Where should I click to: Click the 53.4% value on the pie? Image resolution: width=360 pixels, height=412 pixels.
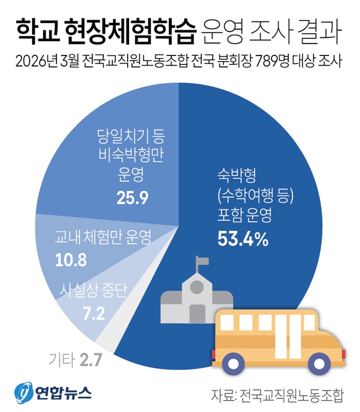point(243,239)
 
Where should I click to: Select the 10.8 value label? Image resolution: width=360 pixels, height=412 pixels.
point(70,260)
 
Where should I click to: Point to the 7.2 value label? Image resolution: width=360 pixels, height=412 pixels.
point(93,313)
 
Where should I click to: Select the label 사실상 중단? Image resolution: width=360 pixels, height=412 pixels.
point(93,292)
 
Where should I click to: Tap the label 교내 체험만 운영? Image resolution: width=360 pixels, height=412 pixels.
point(103,239)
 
